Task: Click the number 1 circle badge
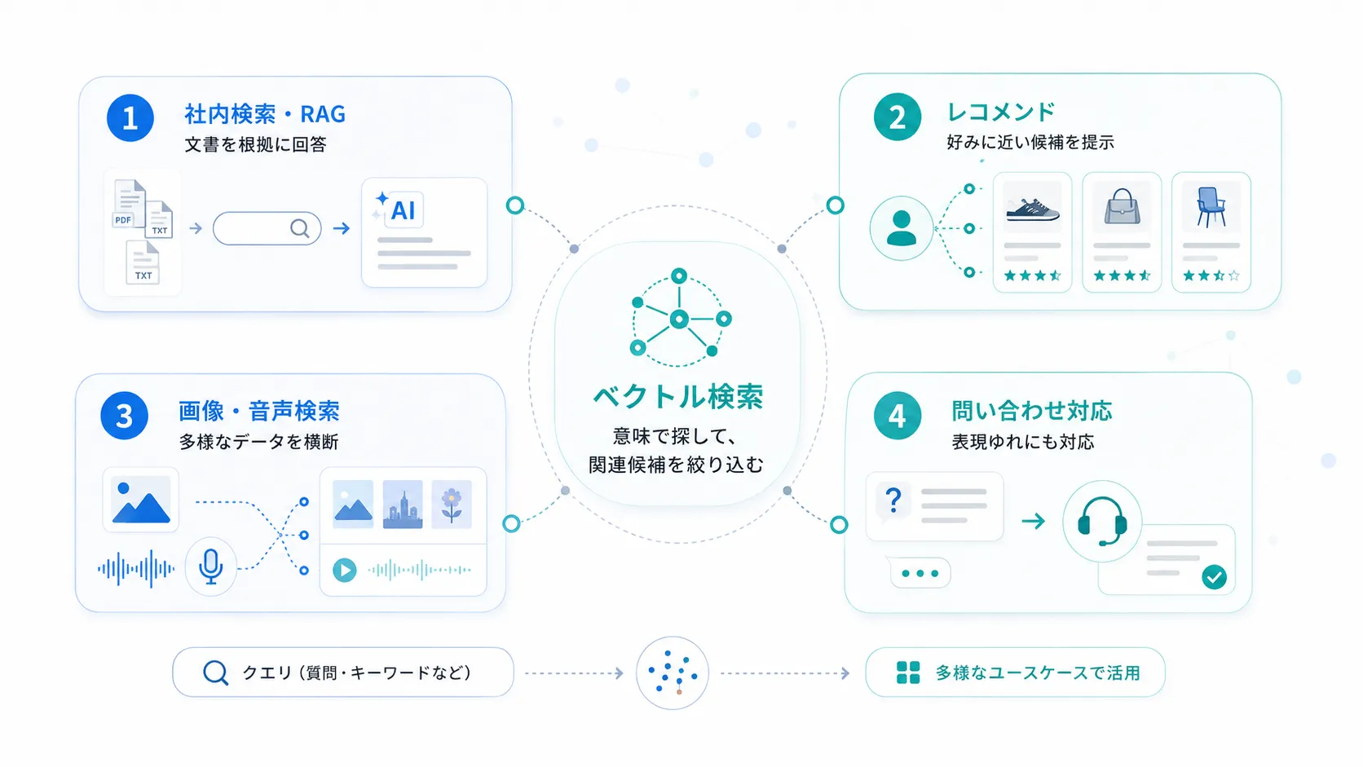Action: (x=130, y=118)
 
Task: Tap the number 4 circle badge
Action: (x=897, y=416)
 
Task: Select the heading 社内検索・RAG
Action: (x=265, y=114)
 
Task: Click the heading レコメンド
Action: (x=1001, y=112)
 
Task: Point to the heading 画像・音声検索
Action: (x=258, y=411)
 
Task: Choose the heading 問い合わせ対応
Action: (x=1032, y=411)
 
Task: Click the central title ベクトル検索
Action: (x=678, y=397)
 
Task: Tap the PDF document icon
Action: (x=129, y=204)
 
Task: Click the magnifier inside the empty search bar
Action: (x=299, y=229)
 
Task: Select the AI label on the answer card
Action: (x=403, y=210)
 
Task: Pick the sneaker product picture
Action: (x=1032, y=207)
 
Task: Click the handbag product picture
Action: (x=1122, y=207)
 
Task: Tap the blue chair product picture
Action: (x=1211, y=207)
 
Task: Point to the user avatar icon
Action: (x=901, y=228)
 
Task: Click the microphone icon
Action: (x=210, y=566)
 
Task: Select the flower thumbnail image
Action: (x=452, y=505)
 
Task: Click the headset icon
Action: (x=1102, y=522)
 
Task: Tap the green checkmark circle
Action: (x=1214, y=577)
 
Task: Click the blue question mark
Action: (x=893, y=500)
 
